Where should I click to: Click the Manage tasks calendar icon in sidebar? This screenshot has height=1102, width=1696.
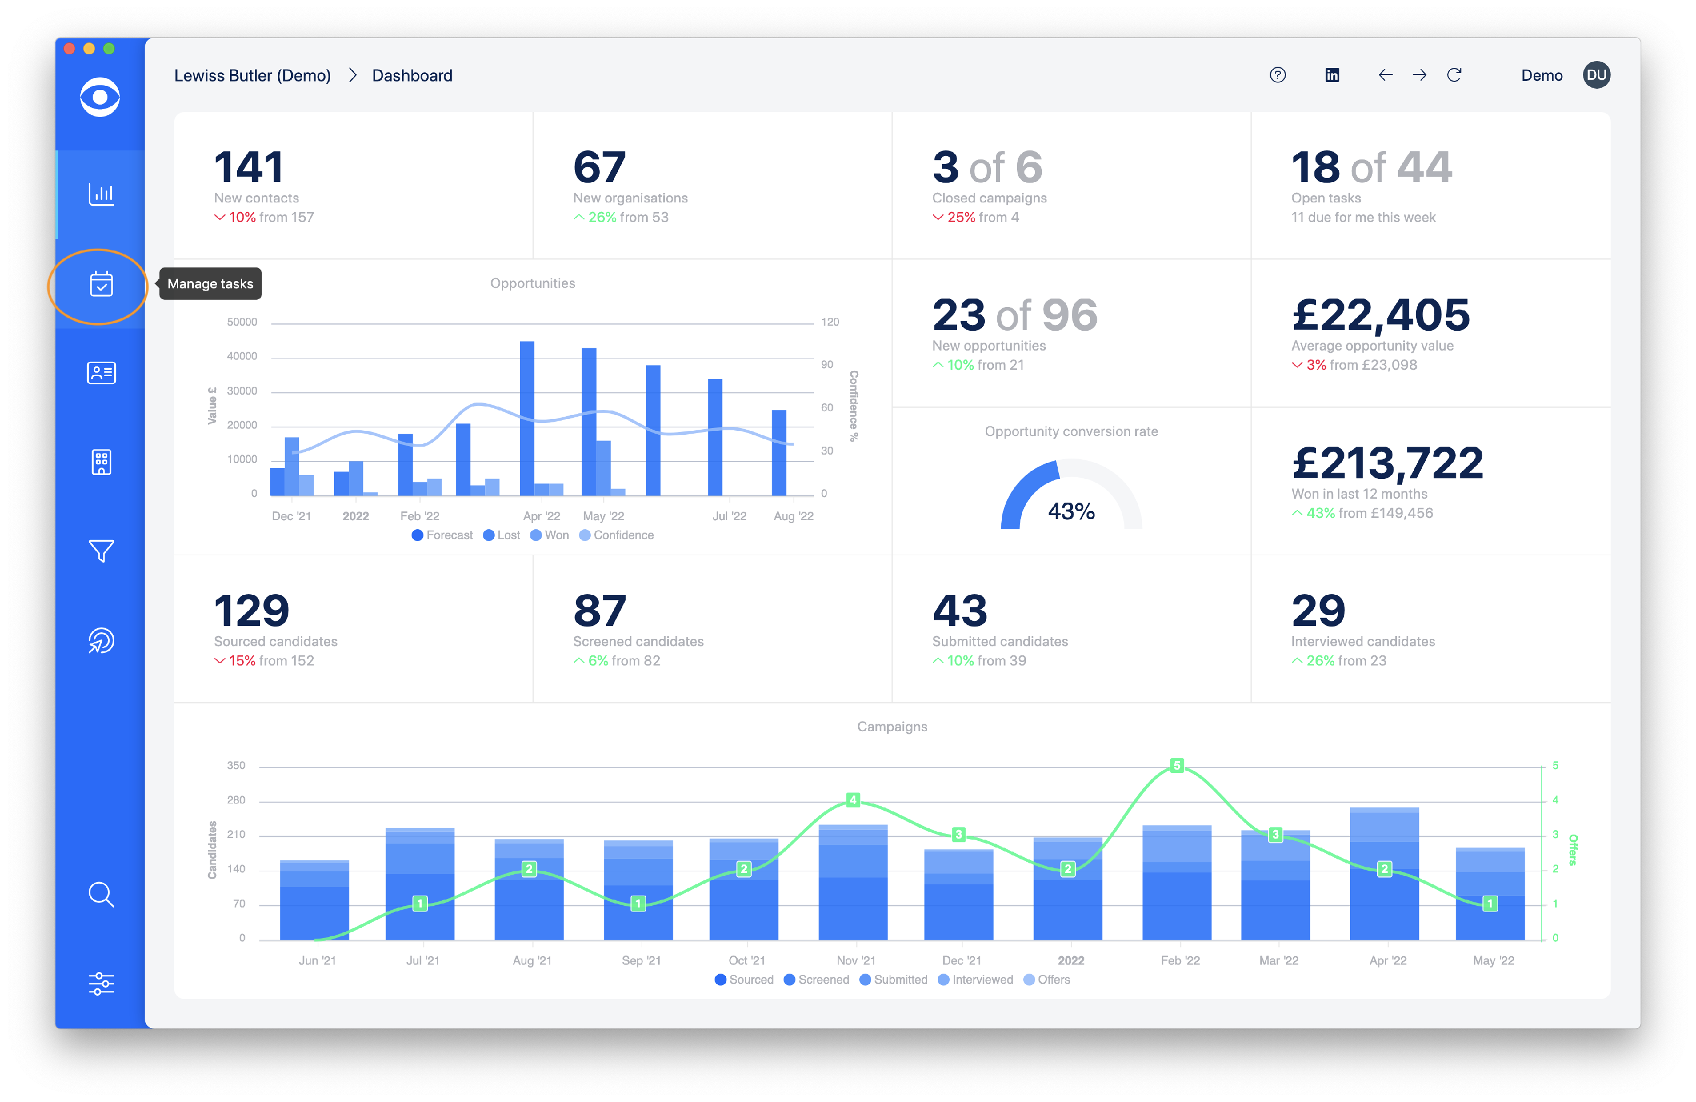101,284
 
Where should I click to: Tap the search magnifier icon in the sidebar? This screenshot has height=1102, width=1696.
101,894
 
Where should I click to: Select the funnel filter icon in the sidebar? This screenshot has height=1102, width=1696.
101,550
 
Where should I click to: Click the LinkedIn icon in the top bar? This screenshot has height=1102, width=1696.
1332,75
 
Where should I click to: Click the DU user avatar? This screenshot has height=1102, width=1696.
1597,75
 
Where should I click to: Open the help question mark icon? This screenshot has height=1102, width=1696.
1278,75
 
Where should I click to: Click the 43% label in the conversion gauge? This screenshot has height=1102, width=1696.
1071,511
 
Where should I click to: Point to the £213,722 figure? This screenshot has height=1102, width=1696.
1387,463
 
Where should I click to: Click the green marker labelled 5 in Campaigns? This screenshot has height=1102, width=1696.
1176,766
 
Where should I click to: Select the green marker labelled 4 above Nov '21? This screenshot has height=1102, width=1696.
853,800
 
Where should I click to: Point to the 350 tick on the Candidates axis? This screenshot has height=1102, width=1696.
236,766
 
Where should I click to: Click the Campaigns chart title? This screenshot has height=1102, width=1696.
892,727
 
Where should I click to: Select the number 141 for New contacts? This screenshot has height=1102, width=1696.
249,167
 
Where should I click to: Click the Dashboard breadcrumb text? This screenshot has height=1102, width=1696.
412,76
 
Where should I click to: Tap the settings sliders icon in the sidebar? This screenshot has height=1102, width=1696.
101,984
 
